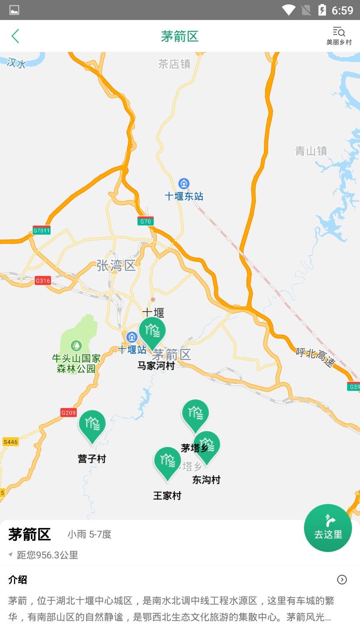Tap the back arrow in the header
click(15, 36)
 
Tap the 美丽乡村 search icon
click(339, 32)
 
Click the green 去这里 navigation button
click(328, 528)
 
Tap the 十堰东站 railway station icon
click(184, 184)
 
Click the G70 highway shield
click(145, 221)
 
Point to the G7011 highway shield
click(42, 230)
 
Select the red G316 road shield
click(43, 280)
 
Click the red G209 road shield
click(68, 412)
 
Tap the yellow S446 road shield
click(10, 442)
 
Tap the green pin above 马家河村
click(152, 332)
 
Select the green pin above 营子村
click(92, 424)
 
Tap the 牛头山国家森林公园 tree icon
click(76, 345)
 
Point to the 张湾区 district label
click(116, 265)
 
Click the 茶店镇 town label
click(174, 64)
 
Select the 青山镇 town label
click(311, 151)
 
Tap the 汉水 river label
click(16, 63)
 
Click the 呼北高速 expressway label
click(315, 357)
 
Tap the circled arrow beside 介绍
click(342, 580)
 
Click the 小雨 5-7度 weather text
click(89, 534)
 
